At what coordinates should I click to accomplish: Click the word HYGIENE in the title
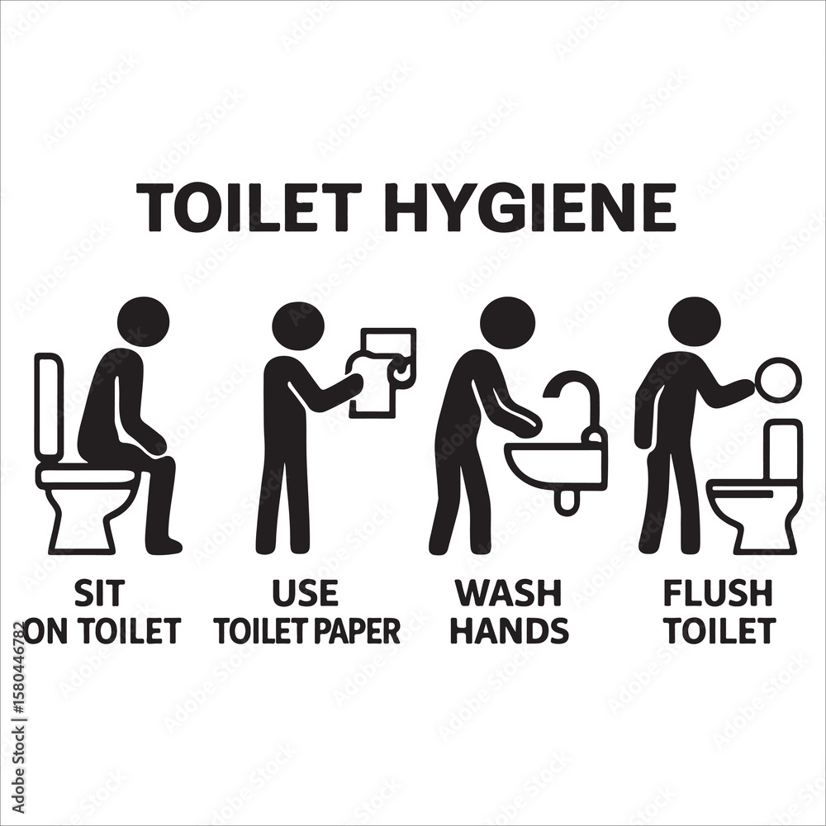pyautogui.click(x=532, y=207)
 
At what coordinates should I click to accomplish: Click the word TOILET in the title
pyautogui.click(x=254, y=207)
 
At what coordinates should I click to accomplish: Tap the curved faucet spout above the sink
pyautogui.click(x=573, y=401)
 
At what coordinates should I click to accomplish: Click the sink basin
pyautogui.click(x=555, y=463)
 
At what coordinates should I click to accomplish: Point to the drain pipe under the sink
pyautogui.click(x=567, y=501)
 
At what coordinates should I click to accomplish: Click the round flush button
pyautogui.click(x=777, y=380)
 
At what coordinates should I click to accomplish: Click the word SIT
pyautogui.click(x=100, y=593)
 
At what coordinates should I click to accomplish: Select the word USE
pyautogui.click(x=305, y=593)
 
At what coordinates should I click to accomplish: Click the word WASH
pyautogui.click(x=508, y=593)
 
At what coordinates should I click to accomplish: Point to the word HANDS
pyautogui.click(x=511, y=630)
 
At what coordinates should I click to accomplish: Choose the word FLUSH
pyautogui.click(x=718, y=593)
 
